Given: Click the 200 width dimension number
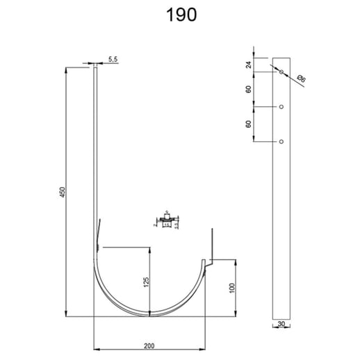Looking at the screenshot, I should tap(149, 343).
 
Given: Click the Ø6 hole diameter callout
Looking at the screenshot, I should tap(301, 80).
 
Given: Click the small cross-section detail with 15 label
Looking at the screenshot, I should tap(167, 222).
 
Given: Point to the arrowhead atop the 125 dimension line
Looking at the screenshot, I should tap(151, 249).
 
